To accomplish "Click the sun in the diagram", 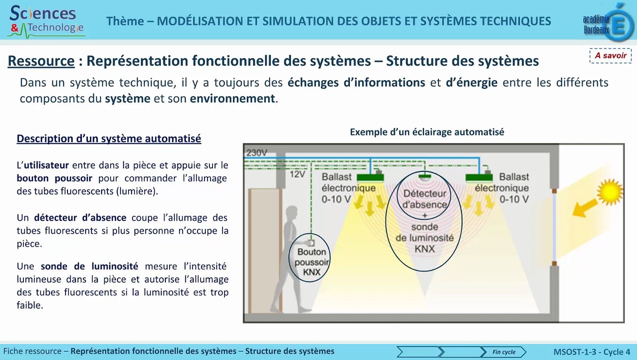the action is pos(610,192).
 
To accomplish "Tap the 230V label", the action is pos(256,153).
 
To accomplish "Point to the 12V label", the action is pos(297,174).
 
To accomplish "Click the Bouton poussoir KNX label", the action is pos(311,262).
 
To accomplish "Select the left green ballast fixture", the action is pos(370,177).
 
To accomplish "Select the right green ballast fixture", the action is pos(479,177).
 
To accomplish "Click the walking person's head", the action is pos(291,214).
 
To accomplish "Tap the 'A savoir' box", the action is pos(610,55).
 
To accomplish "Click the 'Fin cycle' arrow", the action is pos(503,352).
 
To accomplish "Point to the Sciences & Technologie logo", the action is pos(46,21).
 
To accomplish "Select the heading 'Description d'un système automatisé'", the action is pos(109,138).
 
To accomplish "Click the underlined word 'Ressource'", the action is pos(41,61).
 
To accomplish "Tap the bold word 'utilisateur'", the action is pos(46,165).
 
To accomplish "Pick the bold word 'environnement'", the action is pos(232,98).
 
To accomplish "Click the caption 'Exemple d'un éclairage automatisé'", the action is pos(427,132).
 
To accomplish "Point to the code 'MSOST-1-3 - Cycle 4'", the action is pos(592,352).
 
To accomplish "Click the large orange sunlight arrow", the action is pos(584,208).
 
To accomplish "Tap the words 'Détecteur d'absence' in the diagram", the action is pos(424,199).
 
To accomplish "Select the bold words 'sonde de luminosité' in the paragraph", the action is pos(89,266).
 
